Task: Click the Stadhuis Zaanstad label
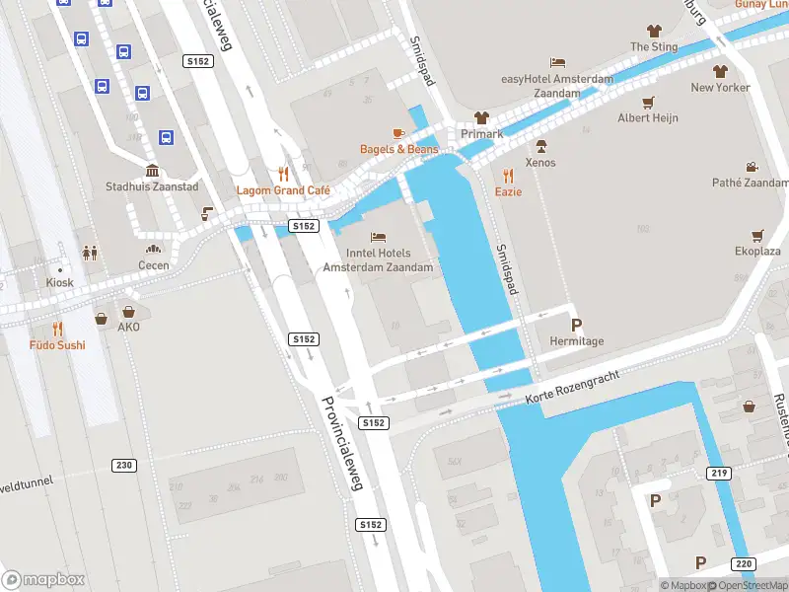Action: pos(152,186)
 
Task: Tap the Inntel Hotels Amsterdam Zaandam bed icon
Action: pos(378,237)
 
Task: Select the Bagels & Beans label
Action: pos(398,149)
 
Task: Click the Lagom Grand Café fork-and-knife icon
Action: pos(285,173)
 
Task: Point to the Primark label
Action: pos(481,134)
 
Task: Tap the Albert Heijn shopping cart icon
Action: pos(648,102)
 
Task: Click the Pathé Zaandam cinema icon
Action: pos(752,167)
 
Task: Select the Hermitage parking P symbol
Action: pos(576,325)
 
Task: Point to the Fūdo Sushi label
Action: pos(56,345)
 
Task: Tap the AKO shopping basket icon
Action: pos(102,318)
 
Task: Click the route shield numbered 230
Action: pos(123,465)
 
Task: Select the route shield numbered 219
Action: pos(719,474)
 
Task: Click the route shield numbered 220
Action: pos(744,564)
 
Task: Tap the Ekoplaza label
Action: pos(757,252)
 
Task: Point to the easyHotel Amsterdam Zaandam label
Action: pos(557,86)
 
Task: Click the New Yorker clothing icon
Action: pos(720,71)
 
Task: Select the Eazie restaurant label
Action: pos(508,191)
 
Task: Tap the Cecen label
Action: pos(153,265)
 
